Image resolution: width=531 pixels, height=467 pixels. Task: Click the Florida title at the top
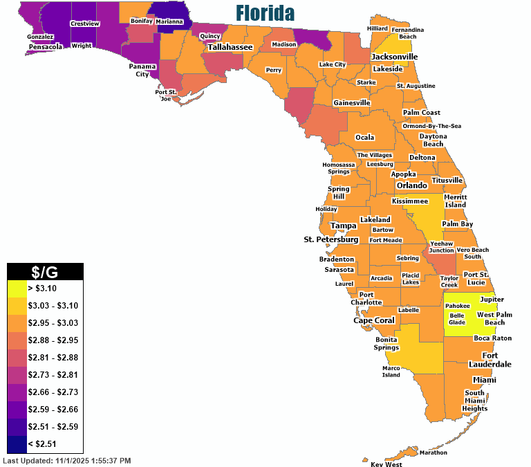click(x=265, y=13)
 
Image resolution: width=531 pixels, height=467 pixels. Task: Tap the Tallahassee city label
click(x=230, y=47)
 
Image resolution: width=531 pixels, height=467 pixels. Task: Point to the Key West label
click(x=386, y=464)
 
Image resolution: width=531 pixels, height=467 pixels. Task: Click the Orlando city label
click(x=413, y=185)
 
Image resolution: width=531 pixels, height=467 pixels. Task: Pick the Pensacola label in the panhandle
click(x=46, y=47)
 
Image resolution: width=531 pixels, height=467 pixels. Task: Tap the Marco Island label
click(x=391, y=372)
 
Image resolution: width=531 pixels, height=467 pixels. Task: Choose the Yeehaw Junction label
click(x=442, y=247)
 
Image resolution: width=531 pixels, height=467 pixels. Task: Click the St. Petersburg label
click(x=331, y=239)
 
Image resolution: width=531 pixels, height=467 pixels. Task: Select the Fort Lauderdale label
click(x=496, y=360)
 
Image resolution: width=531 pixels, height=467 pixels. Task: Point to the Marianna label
click(x=169, y=21)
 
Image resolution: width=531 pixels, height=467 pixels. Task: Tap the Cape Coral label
click(x=374, y=320)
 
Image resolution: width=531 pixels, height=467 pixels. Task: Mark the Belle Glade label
click(x=457, y=318)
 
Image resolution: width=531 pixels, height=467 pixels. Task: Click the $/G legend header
click(x=45, y=272)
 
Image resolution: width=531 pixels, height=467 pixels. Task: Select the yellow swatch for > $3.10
click(x=16, y=286)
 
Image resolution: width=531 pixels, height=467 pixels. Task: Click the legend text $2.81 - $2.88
click(x=53, y=357)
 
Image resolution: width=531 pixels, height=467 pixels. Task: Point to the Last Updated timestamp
click(x=67, y=460)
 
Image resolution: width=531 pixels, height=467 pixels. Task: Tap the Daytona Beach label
click(x=433, y=140)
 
